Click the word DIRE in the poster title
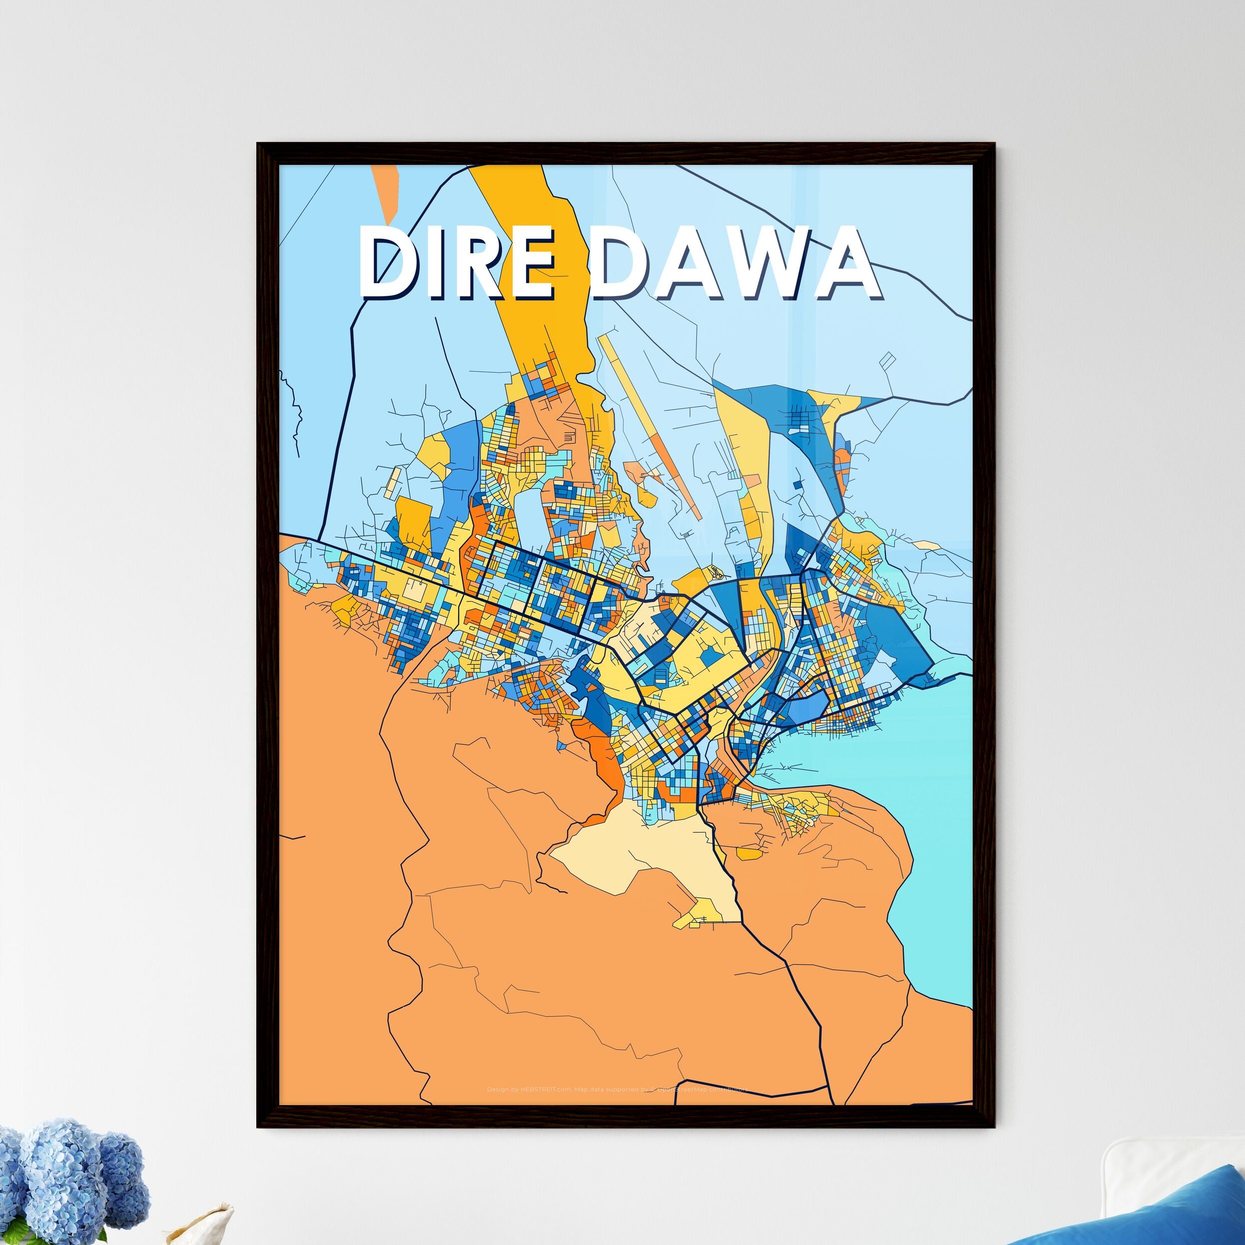(456, 263)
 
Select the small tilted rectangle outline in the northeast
(887, 360)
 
